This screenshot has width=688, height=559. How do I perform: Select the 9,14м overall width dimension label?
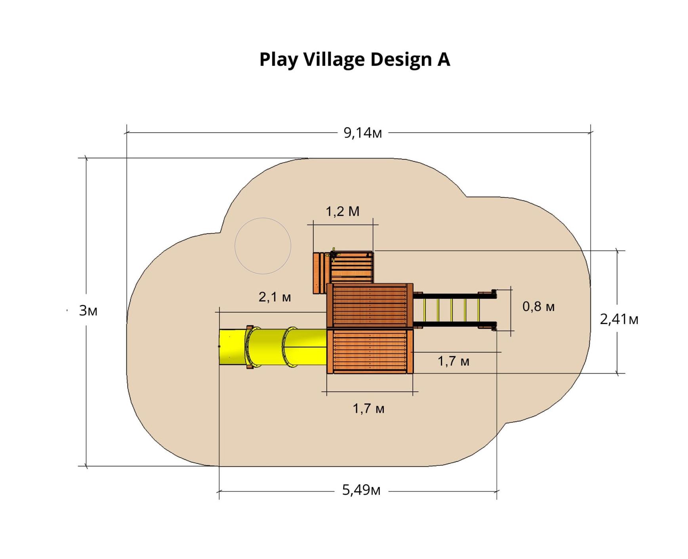363,133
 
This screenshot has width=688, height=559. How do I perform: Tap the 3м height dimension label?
88,311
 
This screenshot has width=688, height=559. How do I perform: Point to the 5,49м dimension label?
361,490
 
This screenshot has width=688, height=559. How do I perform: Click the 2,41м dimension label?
619,319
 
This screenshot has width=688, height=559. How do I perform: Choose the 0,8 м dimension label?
538,306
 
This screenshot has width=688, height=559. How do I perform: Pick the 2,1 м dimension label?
275,297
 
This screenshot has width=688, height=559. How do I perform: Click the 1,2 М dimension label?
343,211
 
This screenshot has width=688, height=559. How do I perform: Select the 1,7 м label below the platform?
369,408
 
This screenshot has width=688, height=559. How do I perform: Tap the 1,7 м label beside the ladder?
454,361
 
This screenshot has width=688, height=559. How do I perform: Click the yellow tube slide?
273,347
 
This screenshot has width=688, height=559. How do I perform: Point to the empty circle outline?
263,218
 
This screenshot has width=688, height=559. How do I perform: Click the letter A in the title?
444,59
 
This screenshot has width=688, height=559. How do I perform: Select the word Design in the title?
400,60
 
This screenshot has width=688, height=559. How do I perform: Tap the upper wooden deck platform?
370,306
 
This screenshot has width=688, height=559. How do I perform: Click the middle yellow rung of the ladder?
452,310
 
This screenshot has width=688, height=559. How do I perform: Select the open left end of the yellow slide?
220,347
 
